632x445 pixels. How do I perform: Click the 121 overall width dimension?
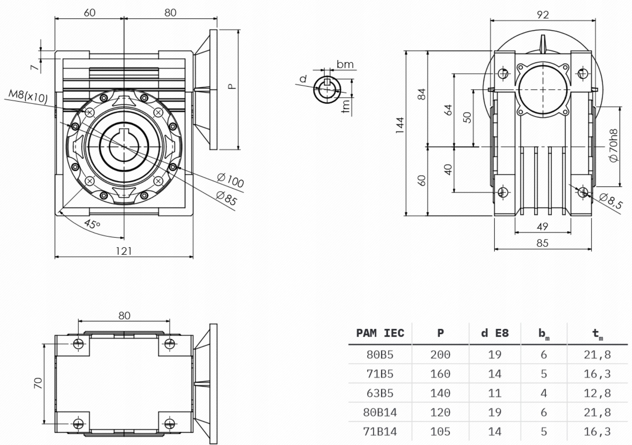click(124, 251)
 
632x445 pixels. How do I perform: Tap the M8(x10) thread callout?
click(28, 96)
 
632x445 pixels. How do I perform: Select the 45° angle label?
click(92, 224)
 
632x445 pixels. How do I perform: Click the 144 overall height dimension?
click(400, 125)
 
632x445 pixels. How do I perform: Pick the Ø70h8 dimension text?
click(613, 146)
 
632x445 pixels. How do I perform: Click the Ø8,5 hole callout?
click(611, 201)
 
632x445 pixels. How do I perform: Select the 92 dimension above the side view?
click(543, 15)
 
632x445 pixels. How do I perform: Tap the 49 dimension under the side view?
click(542, 226)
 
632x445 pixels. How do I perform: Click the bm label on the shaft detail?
click(345, 64)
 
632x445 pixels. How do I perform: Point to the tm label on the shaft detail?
click(346, 106)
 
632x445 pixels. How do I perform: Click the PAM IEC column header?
click(380, 333)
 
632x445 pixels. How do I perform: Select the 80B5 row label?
click(380, 354)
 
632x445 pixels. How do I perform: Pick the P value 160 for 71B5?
click(440, 374)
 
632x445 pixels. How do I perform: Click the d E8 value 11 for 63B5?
click(494, 393)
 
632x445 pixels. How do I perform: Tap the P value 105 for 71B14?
click(440, 432)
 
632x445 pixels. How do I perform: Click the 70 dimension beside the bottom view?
click(38, 383)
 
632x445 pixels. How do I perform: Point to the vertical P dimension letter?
click(231, 87)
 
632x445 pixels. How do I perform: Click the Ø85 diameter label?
click(227, 198)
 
